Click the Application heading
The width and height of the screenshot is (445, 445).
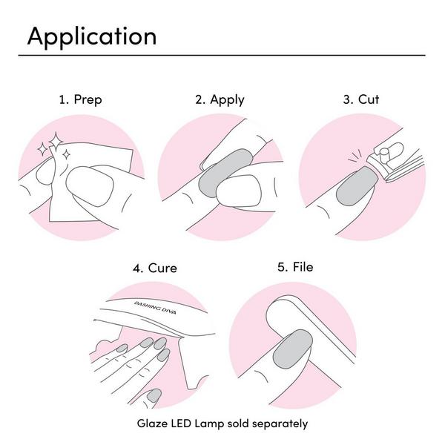point(92,37)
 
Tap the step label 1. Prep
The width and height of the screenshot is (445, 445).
point(80,100)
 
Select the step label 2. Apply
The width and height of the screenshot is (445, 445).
point(220,100)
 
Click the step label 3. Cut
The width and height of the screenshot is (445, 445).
point(361,99)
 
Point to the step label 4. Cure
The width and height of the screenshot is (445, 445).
point(155,268)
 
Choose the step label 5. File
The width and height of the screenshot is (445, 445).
point(295,267)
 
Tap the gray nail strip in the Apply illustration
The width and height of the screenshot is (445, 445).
point(224,172)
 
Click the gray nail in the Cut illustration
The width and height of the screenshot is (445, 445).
point(357,186)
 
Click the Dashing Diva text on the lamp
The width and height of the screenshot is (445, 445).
point(155,308)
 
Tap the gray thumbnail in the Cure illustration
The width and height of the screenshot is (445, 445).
point(154,395)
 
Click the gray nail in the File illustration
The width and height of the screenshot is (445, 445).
point(293,349)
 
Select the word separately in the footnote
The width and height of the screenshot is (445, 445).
point(280,424)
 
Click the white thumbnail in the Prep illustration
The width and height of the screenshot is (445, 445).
point(90,186)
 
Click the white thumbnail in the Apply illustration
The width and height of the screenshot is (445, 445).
point(238,191)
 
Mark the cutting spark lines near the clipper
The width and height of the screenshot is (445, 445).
point(355,156)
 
